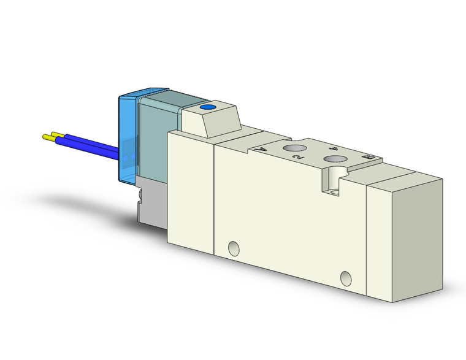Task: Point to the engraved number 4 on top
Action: tap(333, 148)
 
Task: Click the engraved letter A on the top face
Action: tap(262, 148)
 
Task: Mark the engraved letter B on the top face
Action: tap(369, 158)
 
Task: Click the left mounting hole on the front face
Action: tap(233, 248)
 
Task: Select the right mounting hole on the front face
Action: tap(347, 278)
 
